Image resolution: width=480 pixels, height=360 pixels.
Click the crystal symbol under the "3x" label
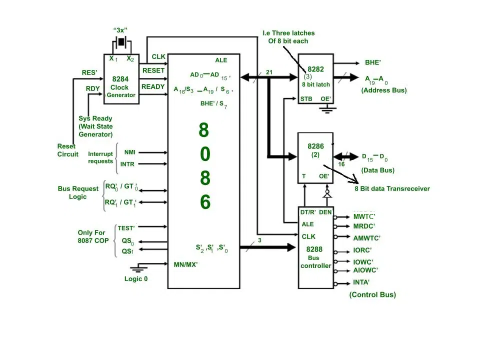tap(121, 41)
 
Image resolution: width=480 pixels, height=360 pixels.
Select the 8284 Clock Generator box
tap(121, 79)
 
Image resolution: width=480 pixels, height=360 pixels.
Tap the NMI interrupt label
tap(130, 152)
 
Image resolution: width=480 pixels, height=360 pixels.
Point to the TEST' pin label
tap(126, 228)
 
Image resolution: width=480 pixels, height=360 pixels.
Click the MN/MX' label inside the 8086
tap(186, 264)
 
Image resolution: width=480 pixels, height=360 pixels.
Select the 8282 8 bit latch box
tap(315, 78)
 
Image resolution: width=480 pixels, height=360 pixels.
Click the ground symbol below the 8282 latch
tap(327, 108)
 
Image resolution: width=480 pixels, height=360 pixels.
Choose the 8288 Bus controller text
tap(315, 257)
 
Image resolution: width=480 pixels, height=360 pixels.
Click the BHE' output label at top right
tap(373, 63)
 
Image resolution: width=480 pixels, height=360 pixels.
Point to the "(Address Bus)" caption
tap(384, 90)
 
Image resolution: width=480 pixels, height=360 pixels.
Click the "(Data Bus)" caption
tap(378, 170)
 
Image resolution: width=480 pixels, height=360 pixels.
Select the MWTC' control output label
tap(364, 217)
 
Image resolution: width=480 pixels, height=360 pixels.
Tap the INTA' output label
tap(361, 282)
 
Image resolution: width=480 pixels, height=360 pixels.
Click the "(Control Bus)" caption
tap(372, 294)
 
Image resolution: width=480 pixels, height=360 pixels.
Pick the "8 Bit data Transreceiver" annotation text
tap(392, 188)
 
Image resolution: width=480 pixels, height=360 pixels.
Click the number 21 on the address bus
tap(269, 72)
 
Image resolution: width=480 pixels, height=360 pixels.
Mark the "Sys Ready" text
tap(95, 118)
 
